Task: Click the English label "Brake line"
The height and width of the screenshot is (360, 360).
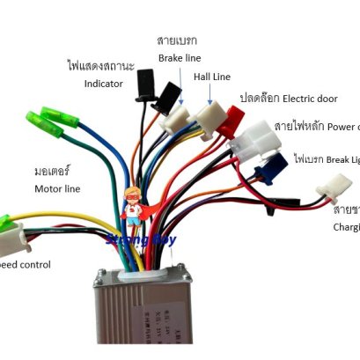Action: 180,58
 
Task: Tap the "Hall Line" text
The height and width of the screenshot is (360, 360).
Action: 213,77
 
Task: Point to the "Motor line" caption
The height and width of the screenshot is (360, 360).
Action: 57,188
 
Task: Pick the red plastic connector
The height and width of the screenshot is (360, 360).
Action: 235,121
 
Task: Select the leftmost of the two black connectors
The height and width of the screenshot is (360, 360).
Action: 143,90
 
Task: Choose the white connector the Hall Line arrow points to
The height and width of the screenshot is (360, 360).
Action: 211,115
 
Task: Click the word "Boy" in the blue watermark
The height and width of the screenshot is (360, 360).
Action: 163,239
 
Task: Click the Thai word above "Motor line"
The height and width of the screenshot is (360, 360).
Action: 52,169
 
